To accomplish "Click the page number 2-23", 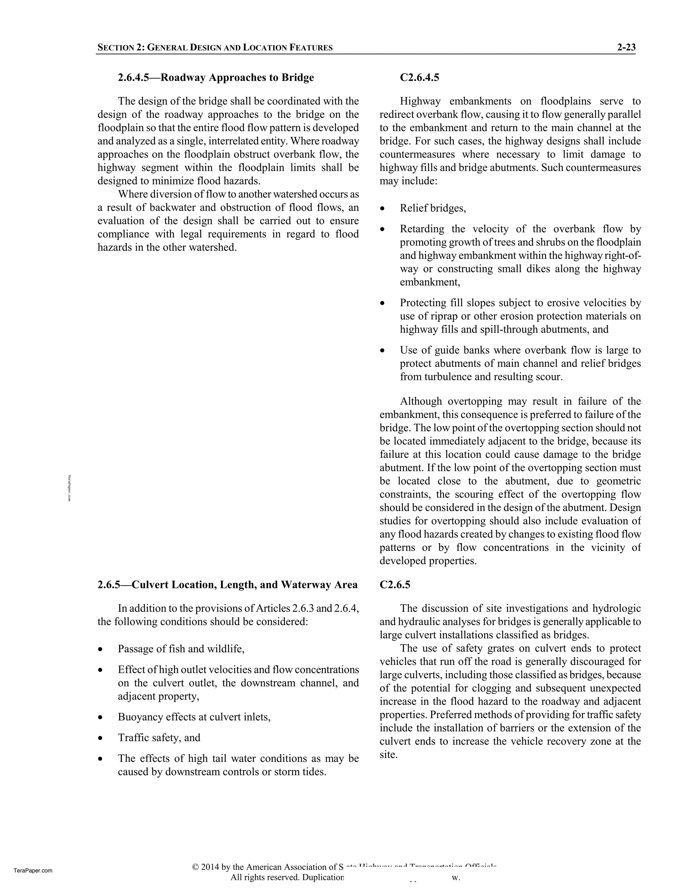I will tap(626, 47).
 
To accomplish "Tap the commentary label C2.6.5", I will tap(395, 585).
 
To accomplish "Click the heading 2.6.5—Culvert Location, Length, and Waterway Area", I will tap(227, 585).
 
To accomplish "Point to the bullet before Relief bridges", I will tap(382, 209).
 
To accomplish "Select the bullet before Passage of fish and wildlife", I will tap(100, 649).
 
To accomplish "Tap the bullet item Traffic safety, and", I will tap(159, 738).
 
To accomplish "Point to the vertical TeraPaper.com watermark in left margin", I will tap(70, 488).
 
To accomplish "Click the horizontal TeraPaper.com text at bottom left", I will tap(33, 871).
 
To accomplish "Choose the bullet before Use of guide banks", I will tap(382, 351).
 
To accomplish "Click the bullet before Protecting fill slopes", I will tap(382, 303).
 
